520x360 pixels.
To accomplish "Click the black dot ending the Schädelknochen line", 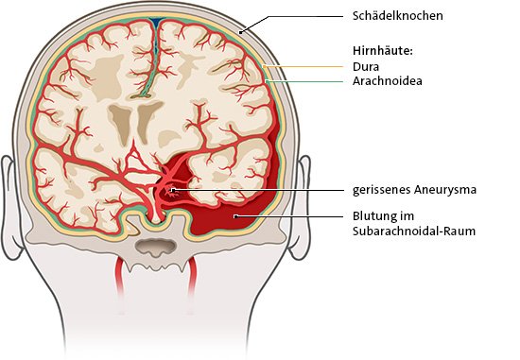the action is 242,32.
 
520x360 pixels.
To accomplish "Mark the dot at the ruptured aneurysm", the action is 173,190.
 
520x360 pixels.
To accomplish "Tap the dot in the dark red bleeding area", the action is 235,216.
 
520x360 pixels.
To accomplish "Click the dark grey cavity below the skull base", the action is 155,248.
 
